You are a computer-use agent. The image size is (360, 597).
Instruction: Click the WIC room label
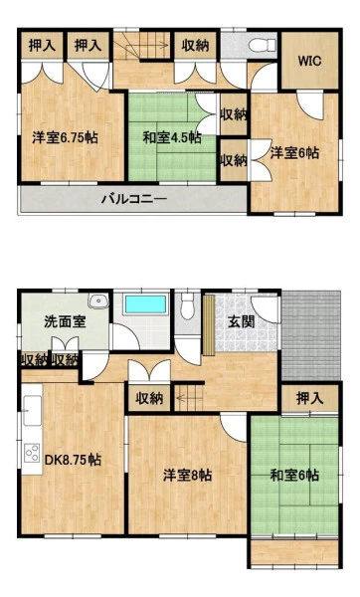click(x=309, y=61)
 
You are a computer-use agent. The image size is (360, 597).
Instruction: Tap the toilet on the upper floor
click(x=263, y=45)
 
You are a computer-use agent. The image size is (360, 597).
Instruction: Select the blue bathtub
click(x=146, y=304)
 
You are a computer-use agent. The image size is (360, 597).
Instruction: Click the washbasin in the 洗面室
click(x=98, y=300)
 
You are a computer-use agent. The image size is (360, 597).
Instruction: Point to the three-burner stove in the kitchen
click(x=32, y=453)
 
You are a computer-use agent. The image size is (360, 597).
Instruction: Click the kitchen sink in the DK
click(x=33, y=410)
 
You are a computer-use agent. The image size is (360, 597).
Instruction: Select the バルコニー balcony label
click(x=134, y=199)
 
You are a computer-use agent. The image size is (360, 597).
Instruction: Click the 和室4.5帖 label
click(x=172, y=137)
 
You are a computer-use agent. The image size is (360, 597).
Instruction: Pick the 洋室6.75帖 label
click(x=65, y=137)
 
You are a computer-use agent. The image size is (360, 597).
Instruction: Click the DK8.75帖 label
click(x=73, y=460)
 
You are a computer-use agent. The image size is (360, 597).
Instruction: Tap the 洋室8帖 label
click(x=188, y=476)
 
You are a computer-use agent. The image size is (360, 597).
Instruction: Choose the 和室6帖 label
click(x=294, y=476)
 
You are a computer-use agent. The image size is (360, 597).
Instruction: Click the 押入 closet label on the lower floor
click(x=309, y=399)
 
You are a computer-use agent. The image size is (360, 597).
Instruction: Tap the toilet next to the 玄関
click(x=187, y=305)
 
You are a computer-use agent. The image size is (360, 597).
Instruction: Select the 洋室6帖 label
click(x=294, y=153)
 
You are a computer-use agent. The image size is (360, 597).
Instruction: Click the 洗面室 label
click(x=65, y=322)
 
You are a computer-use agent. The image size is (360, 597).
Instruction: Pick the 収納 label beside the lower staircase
click(x=149, y=399)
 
